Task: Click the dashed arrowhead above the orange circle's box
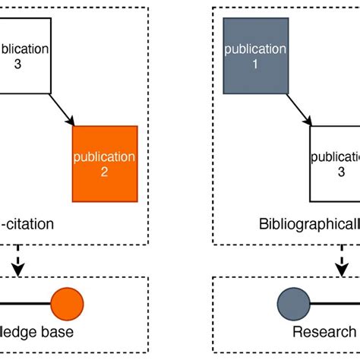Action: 14,267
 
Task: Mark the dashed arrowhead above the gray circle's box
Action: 344,267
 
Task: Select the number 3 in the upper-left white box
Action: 18,63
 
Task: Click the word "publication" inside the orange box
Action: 105,157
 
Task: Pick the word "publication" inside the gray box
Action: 256,49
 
